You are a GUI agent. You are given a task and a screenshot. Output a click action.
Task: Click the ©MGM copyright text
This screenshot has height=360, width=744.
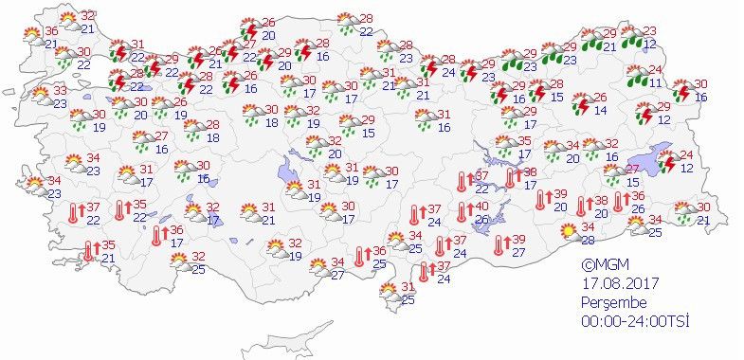coord(603,266)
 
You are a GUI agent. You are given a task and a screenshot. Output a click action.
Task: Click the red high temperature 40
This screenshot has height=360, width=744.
coord(481,207)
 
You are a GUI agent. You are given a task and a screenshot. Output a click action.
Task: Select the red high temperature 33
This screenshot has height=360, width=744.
coord(61,91)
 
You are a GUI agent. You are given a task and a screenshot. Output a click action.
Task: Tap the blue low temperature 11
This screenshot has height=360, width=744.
coord(655,83)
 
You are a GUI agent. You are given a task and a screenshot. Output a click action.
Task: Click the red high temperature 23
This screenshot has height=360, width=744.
coord(649,31)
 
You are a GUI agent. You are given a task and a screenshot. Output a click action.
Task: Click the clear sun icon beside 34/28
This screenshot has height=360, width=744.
coord(567,231)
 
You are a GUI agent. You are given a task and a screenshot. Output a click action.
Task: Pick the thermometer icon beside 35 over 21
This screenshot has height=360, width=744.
coord(89,250)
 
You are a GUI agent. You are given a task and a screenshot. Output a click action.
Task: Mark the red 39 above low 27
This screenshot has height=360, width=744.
coord(518,239)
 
